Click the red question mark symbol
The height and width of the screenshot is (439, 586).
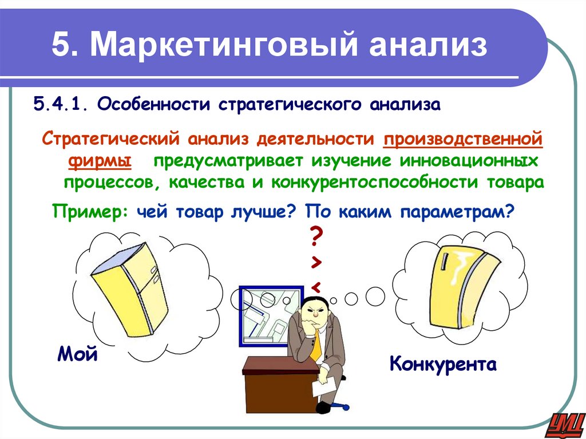pos(316,235)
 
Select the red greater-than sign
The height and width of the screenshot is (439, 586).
pos(316,262)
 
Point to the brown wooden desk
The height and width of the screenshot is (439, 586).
pos(275,383)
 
